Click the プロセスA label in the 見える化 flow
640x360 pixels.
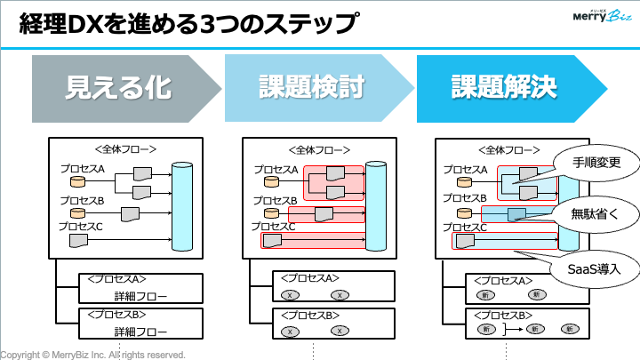pos(82,168)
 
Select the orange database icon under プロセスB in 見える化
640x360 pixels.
pos(77,213)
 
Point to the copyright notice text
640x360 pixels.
pos(92,354)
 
